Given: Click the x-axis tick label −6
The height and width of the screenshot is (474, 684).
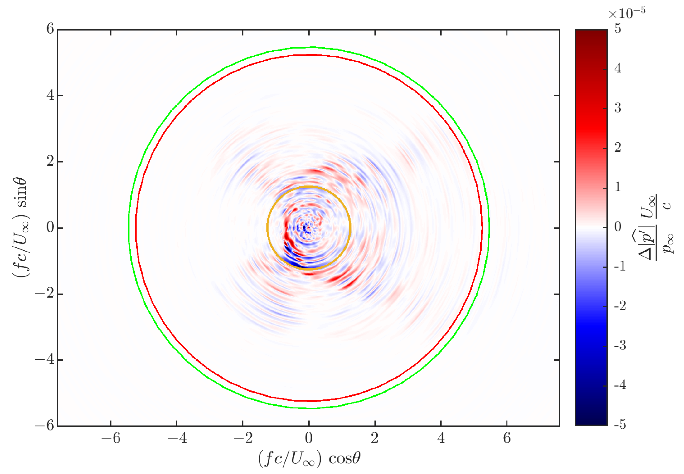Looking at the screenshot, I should click(111, 438).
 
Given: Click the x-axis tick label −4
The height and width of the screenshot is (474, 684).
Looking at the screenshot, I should click(177, 438).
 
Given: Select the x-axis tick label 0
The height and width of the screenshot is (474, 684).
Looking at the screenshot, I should click(309, 438).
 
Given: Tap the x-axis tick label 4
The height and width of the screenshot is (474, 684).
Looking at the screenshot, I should click(441, 438).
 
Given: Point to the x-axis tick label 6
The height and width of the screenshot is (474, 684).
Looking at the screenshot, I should click(507, 438).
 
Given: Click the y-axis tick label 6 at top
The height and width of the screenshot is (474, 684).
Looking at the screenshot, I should click(50, 29).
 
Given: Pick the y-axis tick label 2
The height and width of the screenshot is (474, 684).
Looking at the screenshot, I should click(50, 161).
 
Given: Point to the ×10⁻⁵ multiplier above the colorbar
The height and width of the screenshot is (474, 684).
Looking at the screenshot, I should click(627, 13).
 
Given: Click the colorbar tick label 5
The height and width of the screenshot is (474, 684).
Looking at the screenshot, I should click(618, 29).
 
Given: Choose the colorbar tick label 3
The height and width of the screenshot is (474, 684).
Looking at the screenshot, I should click(618, 108).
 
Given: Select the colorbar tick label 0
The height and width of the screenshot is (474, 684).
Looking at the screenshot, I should click(618, 227).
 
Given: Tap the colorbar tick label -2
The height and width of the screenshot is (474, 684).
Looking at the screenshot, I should click(619, 306).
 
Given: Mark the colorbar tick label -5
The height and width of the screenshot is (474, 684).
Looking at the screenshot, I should click(619, 425).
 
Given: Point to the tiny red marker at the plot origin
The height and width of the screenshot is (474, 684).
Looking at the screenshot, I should click(309, 228).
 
